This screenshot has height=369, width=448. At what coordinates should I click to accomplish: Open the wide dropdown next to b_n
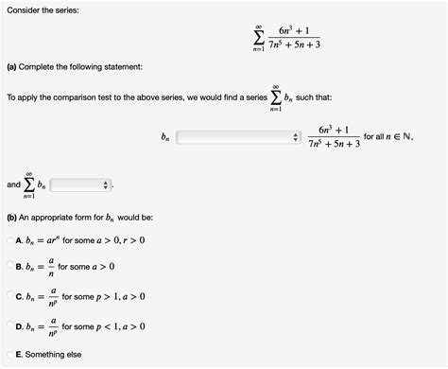click(x=237, y=138)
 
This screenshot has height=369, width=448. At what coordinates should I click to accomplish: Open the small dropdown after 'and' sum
click(x=80, y=184)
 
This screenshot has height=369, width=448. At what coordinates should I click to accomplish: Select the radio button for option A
click(x=9, y=239)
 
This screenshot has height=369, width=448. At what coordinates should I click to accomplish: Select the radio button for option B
click(x=9, y=268)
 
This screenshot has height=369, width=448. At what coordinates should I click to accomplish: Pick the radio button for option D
click(x=9, y=326)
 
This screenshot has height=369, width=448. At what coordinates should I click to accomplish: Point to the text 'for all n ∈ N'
click(x=388, y=137)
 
